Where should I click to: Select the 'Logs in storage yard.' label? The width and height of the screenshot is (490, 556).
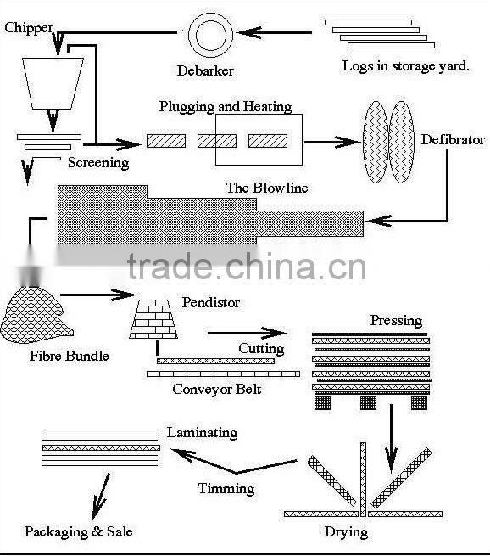point(405,65)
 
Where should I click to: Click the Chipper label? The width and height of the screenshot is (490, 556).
point(29,28)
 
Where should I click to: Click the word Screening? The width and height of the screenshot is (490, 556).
point(98,162)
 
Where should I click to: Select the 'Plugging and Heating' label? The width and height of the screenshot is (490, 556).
point(226,107)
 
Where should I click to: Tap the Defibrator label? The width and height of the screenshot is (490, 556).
point(453,139)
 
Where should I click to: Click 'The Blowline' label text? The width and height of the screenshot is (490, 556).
point(267,188)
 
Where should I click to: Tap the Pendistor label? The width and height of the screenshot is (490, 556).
point(210,302)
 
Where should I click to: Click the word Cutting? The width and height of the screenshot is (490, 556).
point(260,349)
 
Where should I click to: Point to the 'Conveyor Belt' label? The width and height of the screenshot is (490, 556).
point(217,390)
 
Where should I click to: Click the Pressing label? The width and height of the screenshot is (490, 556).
point(396,321)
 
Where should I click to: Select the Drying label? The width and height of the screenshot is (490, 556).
point(346,532)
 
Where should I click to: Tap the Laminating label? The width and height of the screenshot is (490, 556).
point(202,432)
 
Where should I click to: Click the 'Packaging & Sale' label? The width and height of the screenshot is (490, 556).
point(78,532)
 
